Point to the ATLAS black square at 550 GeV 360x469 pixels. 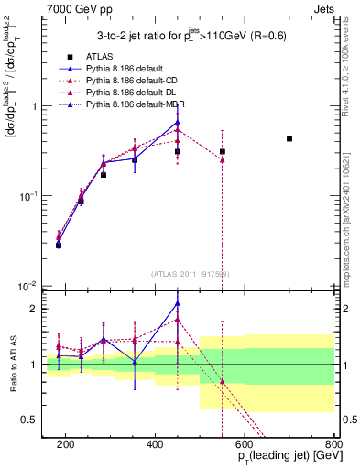pyautogui.click(x=223, y=151)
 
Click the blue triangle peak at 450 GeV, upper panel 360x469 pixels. pyautogui.click(x=178, y=122)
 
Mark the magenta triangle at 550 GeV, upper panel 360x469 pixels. pyautogui.click(x=223, y=159)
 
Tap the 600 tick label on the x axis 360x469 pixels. pyautogui.click(x=245, y=443)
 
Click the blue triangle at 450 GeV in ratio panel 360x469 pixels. pyautogui.click(x=178, y=303)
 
